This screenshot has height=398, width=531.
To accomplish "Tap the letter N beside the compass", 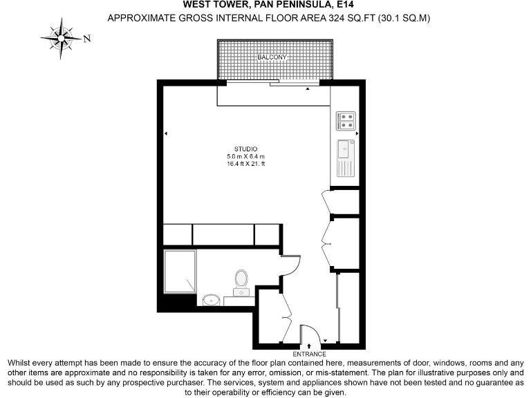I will [87, 39].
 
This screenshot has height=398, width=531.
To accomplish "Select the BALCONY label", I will [272, 57].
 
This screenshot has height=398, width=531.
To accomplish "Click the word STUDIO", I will [245, 149].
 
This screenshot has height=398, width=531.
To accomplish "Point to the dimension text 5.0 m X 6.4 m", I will [245, 157].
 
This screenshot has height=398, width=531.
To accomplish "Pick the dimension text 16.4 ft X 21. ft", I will [245, 164].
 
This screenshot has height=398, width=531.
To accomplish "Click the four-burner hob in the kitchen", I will [346, 122].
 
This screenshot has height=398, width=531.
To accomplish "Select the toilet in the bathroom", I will [241, 280].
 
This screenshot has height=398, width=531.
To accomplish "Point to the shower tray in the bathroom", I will [180, 272].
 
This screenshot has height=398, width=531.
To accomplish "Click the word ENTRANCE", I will [309, 353].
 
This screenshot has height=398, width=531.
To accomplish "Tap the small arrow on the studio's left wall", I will [167, 133].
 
